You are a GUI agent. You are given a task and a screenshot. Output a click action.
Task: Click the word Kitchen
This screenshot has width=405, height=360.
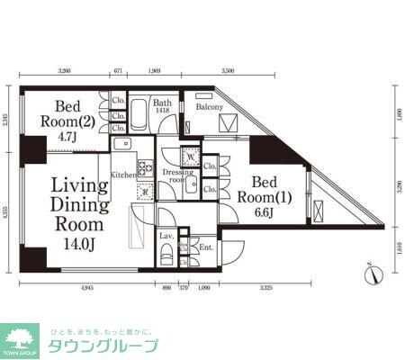pos(123,173)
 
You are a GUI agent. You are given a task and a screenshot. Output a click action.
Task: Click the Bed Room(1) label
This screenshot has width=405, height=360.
pos(267,191)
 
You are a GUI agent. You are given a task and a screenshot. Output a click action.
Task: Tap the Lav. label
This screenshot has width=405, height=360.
pos(166,236)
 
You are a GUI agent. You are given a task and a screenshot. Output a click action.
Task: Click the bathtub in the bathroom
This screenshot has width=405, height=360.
pos(141,118)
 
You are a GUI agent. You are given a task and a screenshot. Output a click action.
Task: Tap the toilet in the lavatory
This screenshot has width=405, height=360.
pos(166,255)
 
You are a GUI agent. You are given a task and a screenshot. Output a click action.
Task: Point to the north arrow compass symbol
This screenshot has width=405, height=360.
pos(373,269)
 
